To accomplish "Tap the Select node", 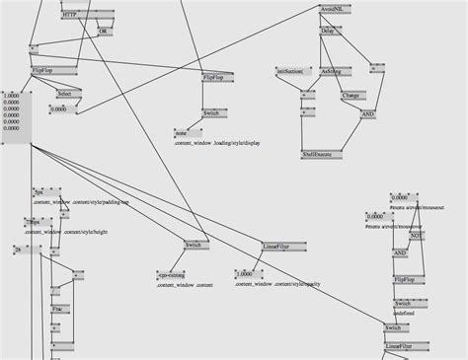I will click(64, 94).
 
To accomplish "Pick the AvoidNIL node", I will click(333, 7).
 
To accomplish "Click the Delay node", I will click(328, 31).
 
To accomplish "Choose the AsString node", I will click(331, 71).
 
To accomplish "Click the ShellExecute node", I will click(323, 154).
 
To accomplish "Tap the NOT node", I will click(416, 236).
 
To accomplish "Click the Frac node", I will click(59, 309).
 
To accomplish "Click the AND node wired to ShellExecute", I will click(367, 114).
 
